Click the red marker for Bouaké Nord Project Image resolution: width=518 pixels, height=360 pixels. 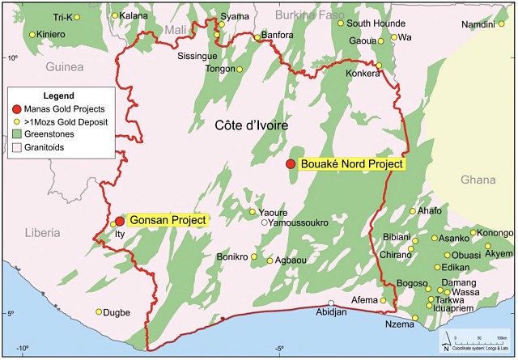pos(291,164)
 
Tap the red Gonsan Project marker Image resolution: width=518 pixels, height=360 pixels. pos(120,221)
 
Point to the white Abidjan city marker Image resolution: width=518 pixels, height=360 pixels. pos(331,303)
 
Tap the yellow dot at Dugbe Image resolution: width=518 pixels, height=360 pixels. pos(100,311)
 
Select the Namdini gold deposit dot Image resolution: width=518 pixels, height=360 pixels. pos(479,23)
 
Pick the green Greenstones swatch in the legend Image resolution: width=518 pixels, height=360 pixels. pos(19,135)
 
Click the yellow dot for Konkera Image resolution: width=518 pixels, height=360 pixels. pos(378,65)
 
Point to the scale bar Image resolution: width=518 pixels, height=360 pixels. pos(478,337)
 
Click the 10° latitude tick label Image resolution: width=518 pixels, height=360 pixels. pos(12,58)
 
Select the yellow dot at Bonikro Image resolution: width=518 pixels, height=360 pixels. pos(253,257)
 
